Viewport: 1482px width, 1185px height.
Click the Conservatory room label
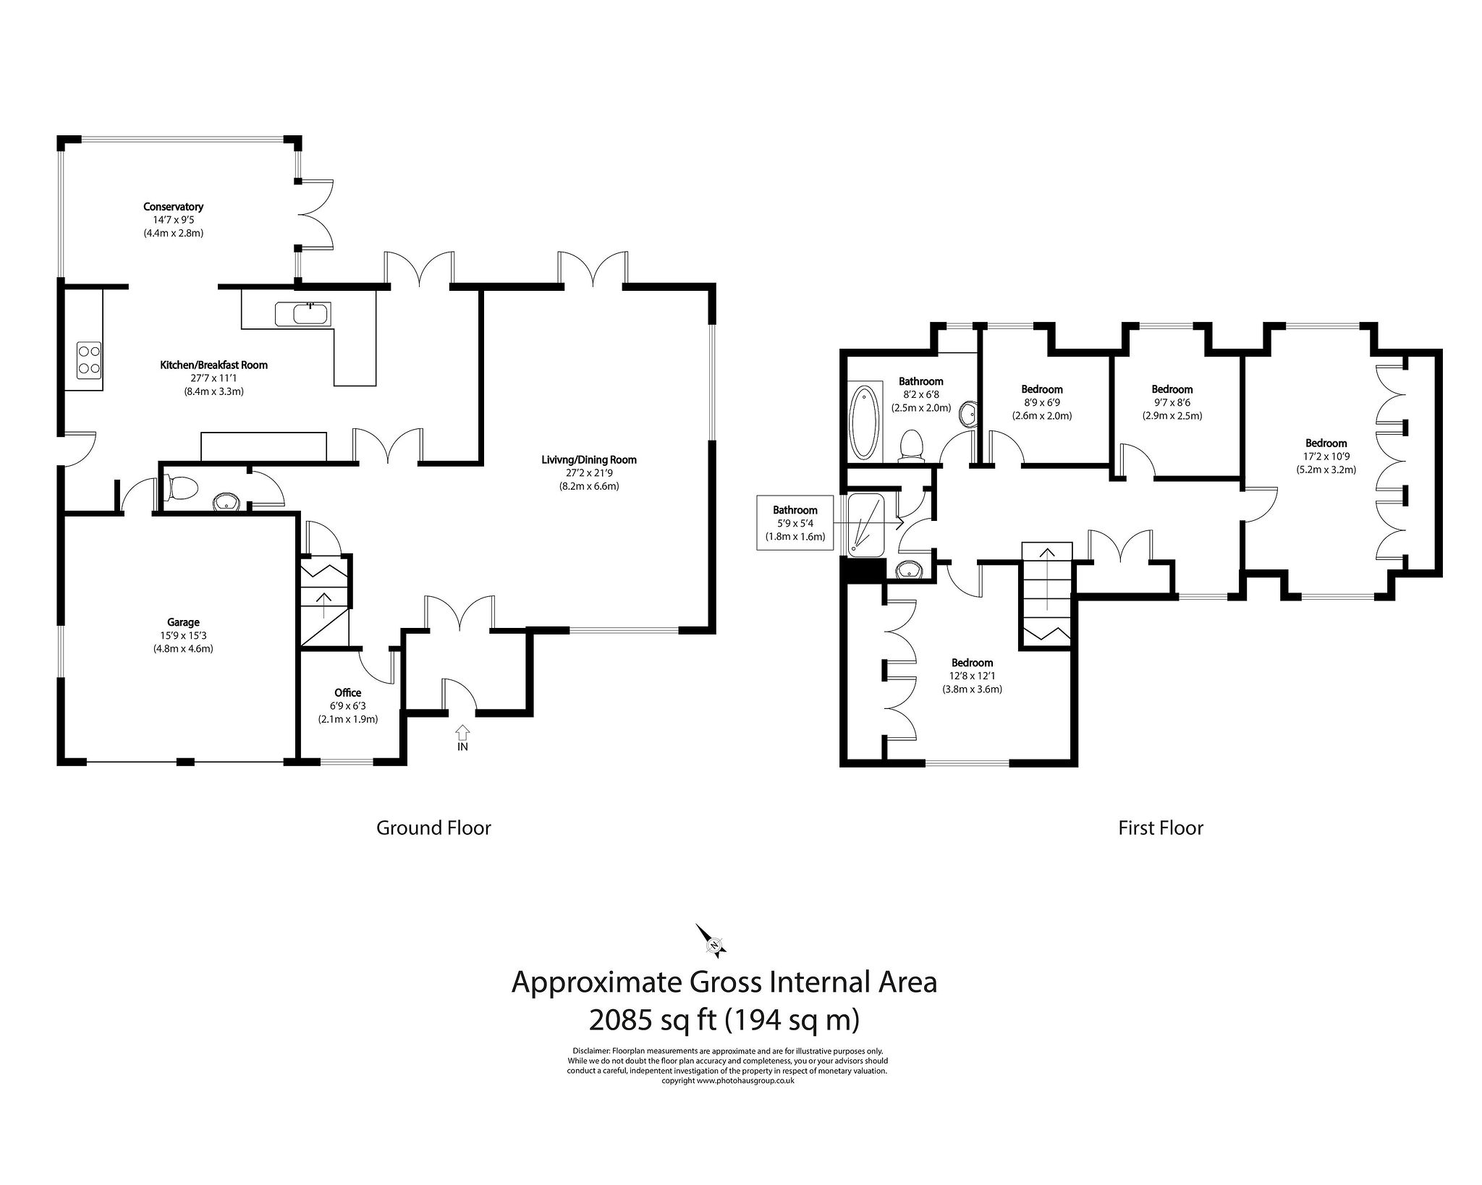[173, 207]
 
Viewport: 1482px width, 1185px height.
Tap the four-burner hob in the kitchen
[88, 360]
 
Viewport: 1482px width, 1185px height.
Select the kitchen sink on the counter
[302, 315]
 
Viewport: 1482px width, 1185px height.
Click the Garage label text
[182, 622]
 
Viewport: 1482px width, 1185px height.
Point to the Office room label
[347, 693]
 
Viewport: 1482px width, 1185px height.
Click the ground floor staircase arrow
[323, 598]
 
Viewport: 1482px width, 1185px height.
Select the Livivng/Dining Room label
[588, 459]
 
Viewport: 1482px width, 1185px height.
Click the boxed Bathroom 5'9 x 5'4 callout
[795, 523]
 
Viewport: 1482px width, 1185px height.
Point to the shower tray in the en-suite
[865, 525]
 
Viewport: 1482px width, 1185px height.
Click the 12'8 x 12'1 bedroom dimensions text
[971, 676]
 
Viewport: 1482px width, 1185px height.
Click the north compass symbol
[711, 941]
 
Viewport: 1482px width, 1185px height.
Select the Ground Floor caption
[433, 828]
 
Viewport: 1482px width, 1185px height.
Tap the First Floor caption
[1160, 828]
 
